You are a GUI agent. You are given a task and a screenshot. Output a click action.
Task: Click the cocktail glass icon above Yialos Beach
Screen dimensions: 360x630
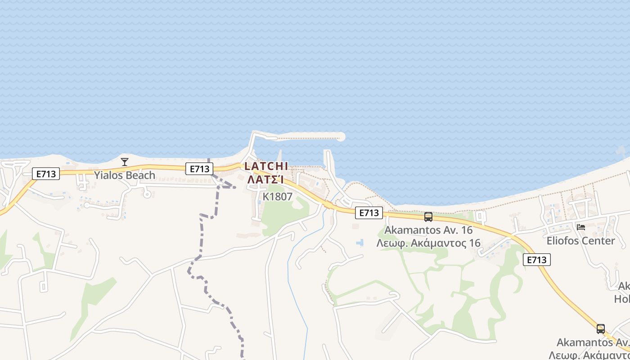click(125, 162)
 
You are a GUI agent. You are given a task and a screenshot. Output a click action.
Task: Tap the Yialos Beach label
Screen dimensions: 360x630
click(125, 175)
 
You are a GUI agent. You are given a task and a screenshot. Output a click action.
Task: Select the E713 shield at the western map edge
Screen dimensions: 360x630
click(46, 174)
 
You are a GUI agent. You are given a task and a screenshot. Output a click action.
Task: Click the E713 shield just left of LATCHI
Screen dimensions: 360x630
click(199, 169)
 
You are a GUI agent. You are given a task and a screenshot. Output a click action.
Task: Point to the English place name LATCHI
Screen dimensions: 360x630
click(266, 166)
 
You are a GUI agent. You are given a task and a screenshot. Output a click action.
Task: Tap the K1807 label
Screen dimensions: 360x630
click(278, 197)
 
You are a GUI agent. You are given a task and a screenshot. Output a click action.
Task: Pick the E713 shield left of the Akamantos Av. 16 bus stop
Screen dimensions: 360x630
click(369, 213)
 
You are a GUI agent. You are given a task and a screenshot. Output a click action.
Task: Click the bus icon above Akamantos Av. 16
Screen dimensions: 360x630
click(428, 217)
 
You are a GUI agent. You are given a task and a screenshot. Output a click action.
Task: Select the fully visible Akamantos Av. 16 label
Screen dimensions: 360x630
click(429, 230)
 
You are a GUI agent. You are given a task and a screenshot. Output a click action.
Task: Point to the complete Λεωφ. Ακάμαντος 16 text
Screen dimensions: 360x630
click(429, 243)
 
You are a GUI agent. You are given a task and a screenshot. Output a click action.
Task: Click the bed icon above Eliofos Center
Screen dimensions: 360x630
click(581, 227)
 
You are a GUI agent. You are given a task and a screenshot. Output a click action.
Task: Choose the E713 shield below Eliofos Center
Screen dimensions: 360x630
click(537, 260)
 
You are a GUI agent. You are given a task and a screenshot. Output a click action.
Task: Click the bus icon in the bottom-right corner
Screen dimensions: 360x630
click(601, 328)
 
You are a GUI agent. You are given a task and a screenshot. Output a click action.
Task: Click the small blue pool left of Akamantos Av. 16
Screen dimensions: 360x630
click(360, 243)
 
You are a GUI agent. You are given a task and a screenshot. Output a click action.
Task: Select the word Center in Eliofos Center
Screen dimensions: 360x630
click(598, 241)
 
